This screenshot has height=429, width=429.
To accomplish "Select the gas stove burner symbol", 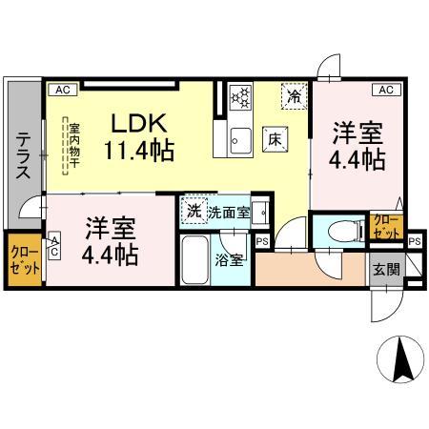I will [241, 96].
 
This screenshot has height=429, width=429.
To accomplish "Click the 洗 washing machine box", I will [194, 211].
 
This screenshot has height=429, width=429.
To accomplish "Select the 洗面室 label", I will [229, 212].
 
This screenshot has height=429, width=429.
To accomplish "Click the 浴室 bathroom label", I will [226, 258].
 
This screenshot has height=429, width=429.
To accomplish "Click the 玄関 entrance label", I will [385, 270].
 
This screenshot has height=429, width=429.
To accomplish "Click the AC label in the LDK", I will [62, 90].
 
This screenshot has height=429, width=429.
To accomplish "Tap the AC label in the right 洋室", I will [386, 90].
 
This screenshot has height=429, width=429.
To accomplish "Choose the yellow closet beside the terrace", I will [23, 259].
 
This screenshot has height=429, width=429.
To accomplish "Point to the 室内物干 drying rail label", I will [69, 145].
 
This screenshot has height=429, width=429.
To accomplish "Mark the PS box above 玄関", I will [413, 242].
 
